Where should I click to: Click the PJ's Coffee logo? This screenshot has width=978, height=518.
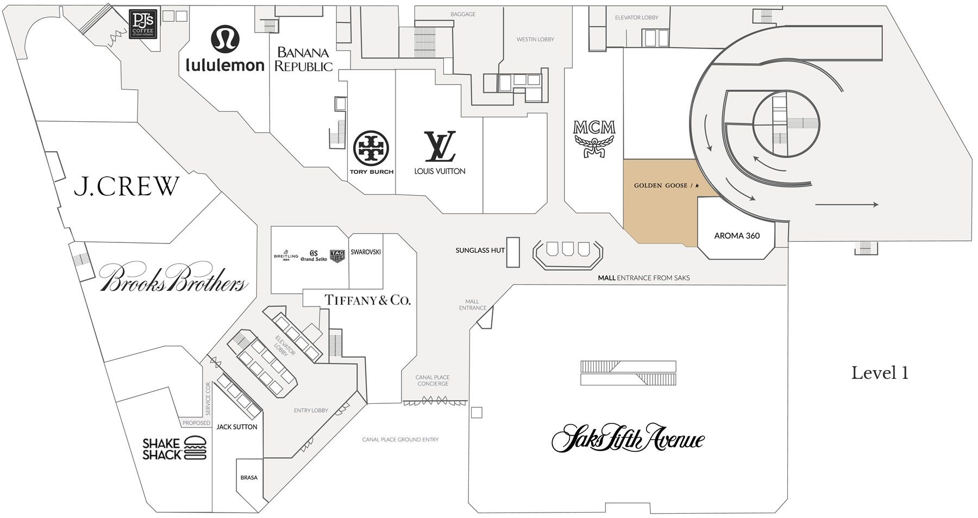click(x=144, y=25)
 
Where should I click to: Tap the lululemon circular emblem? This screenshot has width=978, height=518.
click(x=224, y=39)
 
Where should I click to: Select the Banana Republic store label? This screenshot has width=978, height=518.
click(x=303, y=60)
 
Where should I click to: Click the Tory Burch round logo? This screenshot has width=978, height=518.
click(x=372, y=148)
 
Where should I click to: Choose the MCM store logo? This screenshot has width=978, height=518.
click(x=594, y=139)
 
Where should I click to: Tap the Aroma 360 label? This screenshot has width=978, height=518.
click(x=737, y=236)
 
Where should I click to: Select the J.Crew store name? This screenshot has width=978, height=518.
click(x=127, y=186)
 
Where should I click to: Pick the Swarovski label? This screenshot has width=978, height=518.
click(x=366, y=252)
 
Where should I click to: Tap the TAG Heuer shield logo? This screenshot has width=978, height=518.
click(x=337, y=256)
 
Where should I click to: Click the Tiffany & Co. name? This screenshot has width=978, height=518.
click(x=367, y=300)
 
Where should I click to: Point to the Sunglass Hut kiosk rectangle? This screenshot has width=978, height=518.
click(x=513, y=252)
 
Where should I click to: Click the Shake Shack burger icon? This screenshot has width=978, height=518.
click(x=196, y=448)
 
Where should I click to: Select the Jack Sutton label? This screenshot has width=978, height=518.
click(x=237, y=427)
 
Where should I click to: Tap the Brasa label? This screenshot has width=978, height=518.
click(x=249, y=478)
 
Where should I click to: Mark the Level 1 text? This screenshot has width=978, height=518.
click(x=880, y=373)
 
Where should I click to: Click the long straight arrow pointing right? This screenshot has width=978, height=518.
click(x=847, y=204)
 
